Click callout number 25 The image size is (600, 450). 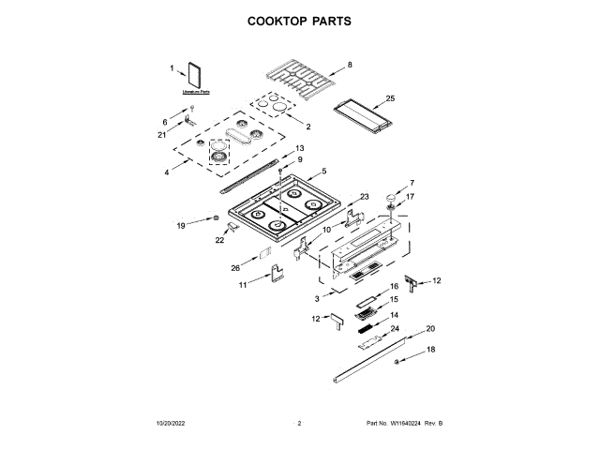pyautogui.click(x=391, y=97)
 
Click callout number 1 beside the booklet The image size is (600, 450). pyautogui.click(x=172, y=68)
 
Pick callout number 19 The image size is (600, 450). pyautogui.click(x=182, y=225)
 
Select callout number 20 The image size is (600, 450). pyautogui.click(x=430, y=328)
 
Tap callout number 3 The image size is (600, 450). pyautogui.click(x=317, y=297)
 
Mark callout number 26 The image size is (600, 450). pyautogui.click(x=236, y=268)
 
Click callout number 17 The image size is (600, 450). pyautogui.click(x=410, y=197)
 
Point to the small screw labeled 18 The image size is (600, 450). pyautogui.click(x=397, y=361)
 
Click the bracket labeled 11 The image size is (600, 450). pyautogui.click(x=276, y=274)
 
